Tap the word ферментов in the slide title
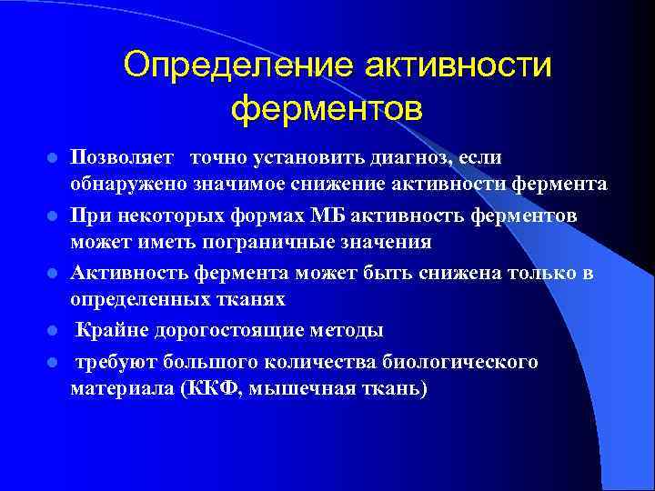(x=327, y=109)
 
